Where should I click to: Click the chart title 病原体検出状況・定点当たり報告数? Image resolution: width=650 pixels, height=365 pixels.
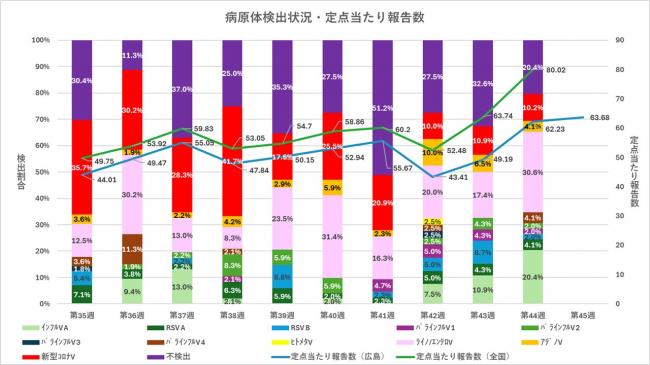pyautogui.click(x=325, y=17)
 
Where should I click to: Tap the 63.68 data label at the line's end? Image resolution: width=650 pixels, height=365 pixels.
pyautogui.click(x=600, y=117)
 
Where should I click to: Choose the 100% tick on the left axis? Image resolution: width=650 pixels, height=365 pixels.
pyautogui.click(x=39, y=40)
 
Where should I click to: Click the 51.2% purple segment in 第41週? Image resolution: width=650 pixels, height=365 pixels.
pyautogui.click(x=383, y=107)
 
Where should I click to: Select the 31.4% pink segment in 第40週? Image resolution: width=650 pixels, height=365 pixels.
pyautogui.click(x=333, y=237)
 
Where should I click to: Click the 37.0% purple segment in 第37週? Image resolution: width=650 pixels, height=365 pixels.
pyautogui.click(x=183, y=89)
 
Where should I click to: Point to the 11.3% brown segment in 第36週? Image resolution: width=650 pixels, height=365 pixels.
pyautogui.click(x=133, y=249)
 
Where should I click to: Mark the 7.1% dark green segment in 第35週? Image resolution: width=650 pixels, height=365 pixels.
pyautogui.click(x=83, y=294)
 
